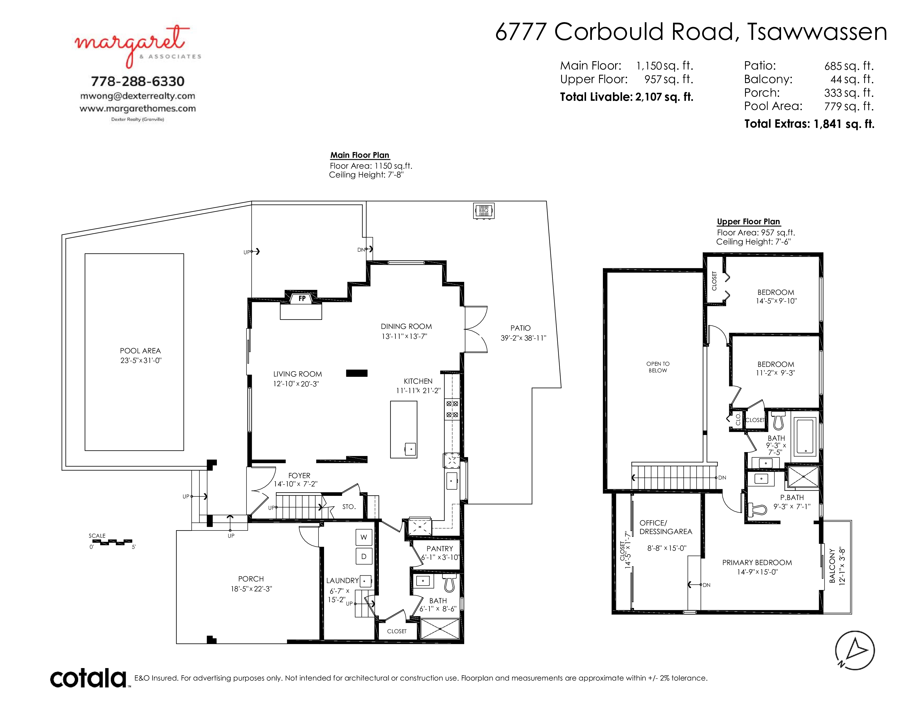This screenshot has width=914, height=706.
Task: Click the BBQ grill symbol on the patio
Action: (484, 211)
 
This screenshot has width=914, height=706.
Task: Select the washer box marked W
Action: (364, 537)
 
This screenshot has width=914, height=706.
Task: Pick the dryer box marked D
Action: (364, 556)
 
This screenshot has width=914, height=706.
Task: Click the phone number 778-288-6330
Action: (138, 81)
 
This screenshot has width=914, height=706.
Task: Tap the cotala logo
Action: (89, 678)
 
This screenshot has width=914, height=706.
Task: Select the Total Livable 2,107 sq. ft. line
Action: (627, 97)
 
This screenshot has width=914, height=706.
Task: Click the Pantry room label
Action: (440, 548)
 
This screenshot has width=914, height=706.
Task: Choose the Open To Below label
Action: (658, 367)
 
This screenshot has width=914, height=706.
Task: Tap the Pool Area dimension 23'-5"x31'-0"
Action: (141, 360)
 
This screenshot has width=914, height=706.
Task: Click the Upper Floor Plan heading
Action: (748, 222)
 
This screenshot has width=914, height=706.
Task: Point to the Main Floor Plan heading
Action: (360, 155)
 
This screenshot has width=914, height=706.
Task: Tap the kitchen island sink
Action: (410, 449)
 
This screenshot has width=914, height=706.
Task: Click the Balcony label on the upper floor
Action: (832, 566)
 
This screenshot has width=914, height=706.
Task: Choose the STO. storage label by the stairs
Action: (349, 506)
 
